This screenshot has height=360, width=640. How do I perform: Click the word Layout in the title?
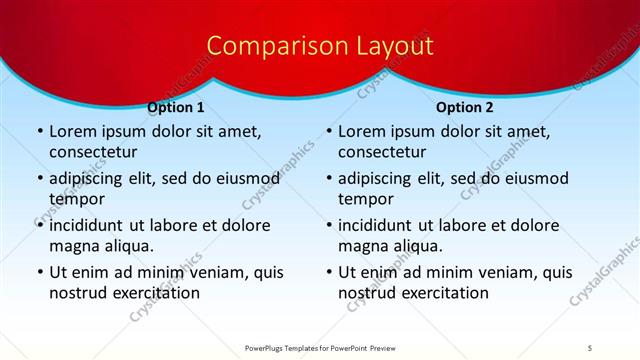coord(386,46)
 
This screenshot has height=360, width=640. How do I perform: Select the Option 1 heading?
coord(176,108)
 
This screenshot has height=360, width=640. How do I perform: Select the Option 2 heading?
coord(465,108)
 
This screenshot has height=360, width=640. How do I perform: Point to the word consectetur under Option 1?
coord(93,152)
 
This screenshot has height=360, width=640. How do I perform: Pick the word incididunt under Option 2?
coord(382,225)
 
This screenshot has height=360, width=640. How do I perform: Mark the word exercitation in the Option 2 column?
coord(444,292)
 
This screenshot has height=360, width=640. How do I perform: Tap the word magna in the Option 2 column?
coord(365,245)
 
